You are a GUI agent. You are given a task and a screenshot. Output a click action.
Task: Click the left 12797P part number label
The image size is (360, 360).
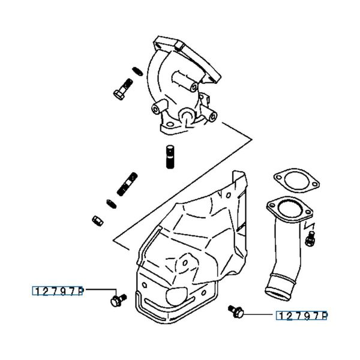[x=58, y=291]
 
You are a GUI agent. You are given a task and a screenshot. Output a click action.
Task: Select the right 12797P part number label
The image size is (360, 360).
[x=302, y=315]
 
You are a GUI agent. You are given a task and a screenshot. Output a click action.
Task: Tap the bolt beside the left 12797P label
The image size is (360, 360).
[x=118, y=298]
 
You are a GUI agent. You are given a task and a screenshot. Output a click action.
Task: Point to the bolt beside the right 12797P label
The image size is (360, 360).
[x=236, y=310]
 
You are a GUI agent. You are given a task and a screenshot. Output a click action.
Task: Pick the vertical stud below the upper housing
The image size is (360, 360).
[x=169, y=157]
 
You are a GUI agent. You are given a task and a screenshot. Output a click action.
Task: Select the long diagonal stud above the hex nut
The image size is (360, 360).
[x=126, y=185]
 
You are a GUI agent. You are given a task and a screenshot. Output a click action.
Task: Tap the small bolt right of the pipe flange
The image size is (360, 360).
[x=310, y=240]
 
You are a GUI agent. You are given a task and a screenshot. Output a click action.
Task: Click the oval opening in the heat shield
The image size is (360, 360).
[x=178, y=293]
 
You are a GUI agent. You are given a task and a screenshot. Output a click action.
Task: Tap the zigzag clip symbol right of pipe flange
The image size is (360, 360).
[x=310, y=226]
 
